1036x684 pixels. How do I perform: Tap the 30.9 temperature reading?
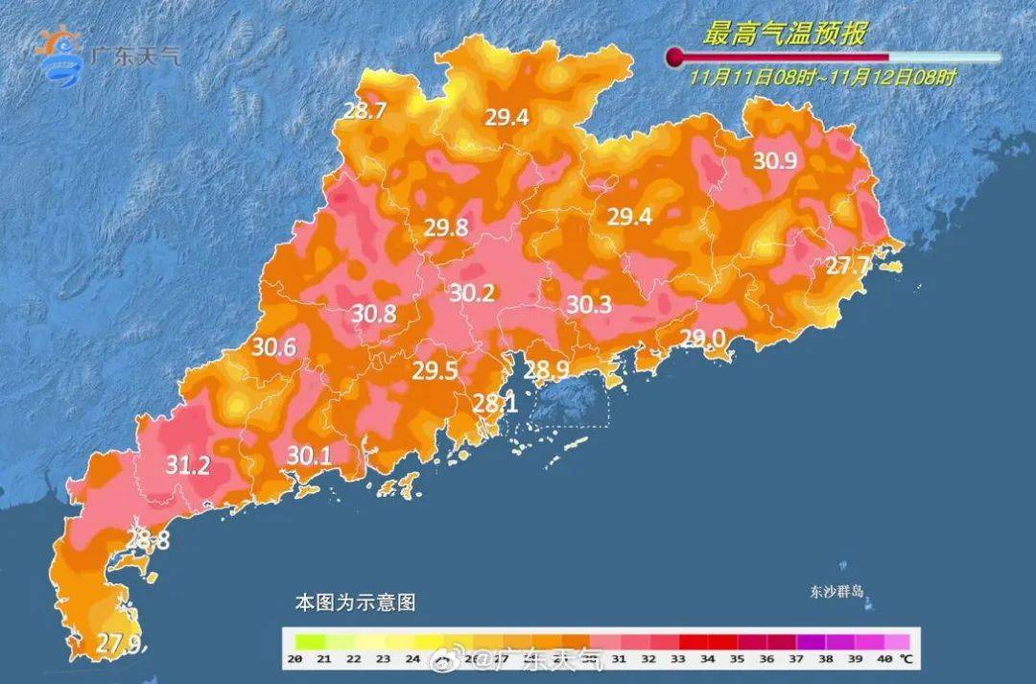pos(775,160)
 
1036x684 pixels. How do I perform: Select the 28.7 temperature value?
pos(365,110)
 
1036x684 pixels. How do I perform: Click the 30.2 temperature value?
pos(471,294)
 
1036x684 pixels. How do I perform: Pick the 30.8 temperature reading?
pos(373,313)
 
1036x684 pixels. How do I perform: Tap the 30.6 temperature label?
pos(273,348)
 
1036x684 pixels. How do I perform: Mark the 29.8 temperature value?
pos(446,227)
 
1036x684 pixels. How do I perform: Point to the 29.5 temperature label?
pos(435,371)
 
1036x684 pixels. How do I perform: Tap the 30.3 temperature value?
pos(589,305)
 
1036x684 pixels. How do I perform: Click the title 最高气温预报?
pos(785,35)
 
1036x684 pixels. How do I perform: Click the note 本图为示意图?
pos(355,603)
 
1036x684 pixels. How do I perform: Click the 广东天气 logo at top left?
pos(106,52)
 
